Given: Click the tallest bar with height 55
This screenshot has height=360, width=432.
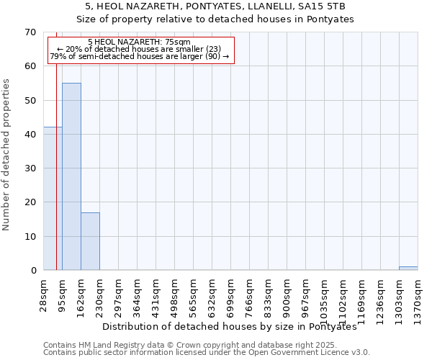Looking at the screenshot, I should point(71,176).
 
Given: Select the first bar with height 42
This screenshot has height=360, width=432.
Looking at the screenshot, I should point(53,199).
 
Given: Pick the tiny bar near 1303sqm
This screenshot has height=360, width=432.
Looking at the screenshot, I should point(408,269).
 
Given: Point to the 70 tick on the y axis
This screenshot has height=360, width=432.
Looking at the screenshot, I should point(31,32).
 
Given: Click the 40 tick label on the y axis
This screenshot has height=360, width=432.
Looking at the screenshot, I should point(31,135).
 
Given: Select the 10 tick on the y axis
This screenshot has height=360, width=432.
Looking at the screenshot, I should point(31,237).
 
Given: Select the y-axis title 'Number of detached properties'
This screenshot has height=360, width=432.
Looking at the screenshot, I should point(7,155).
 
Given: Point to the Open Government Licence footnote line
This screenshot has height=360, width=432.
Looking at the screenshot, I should point(207,353).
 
